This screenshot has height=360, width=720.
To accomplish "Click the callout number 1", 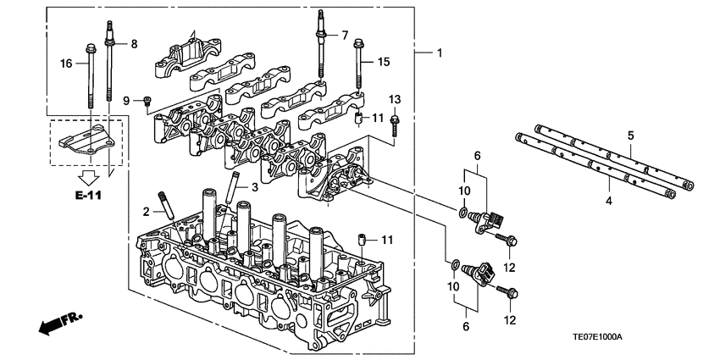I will (x=439, y=53).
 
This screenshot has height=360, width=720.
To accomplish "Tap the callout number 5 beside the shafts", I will (x=630, y=135).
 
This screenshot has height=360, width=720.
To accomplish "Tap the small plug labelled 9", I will (x=148, y=102).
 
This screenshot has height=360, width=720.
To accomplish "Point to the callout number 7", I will (x=345, y=35).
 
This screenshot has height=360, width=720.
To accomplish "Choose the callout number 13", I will (x=394, y=100).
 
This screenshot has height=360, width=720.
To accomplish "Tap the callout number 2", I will (x=146, y=211).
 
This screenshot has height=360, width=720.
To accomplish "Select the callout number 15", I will (x=384, y=62).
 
